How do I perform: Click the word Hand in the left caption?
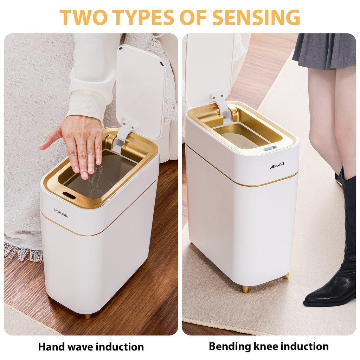click(51, 347)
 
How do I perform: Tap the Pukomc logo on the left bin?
click(61, 213)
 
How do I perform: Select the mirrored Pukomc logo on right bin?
click(277, 165)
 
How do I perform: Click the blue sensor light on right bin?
click(270, 148)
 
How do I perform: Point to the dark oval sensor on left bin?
click(69, 195)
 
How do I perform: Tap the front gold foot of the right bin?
click(245, 289)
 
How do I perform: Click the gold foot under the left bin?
click(88, 316)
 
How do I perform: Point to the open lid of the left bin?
click(141, 88)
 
